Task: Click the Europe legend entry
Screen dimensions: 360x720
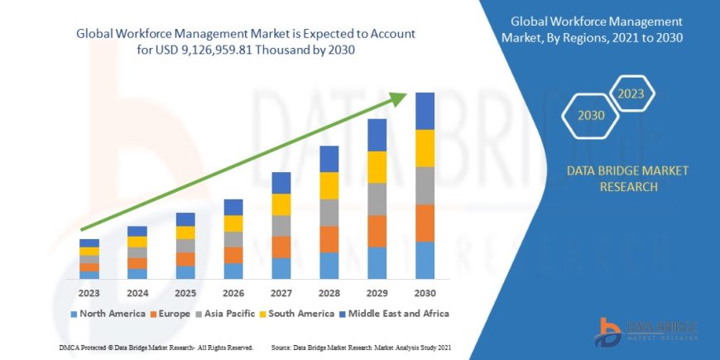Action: pyautogui.click(x=170, y=314)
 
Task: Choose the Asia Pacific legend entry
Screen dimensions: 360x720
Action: pyautogui.click(x=224, y=314)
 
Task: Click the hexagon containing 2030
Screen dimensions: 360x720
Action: pyautogui.click(x=592, y=115)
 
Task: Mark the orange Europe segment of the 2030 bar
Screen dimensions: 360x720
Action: pyautogui.click(x=425, y=223)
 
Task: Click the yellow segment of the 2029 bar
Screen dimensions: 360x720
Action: pyautogui.click(x=377, y=167)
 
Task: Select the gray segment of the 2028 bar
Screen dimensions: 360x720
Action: pyautogui.click(x=329, y=212)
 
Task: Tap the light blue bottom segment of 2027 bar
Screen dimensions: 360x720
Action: pyautogui.click(x=281, y=268)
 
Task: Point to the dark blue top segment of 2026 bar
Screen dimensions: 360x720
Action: pyautogui.click(x=233, y=207)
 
